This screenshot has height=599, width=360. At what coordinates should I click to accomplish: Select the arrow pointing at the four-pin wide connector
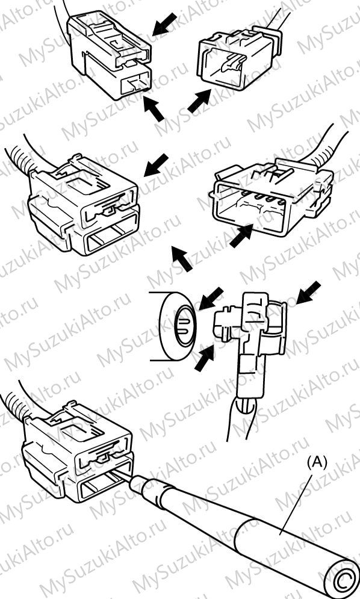[241, 235]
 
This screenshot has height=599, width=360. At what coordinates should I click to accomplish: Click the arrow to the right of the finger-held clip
[308, 293]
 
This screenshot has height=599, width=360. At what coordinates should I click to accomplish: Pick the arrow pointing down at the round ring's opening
[211, 299]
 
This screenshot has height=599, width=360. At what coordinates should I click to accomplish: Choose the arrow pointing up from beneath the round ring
[204, 358]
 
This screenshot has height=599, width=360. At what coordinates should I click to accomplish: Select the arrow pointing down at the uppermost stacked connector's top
[165, 24]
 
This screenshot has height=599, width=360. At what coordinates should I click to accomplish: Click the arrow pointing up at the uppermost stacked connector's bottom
[154, 108]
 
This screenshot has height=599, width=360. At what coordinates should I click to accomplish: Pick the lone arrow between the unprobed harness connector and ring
[182, 259]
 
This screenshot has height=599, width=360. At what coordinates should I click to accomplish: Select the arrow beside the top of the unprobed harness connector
[156, 165]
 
